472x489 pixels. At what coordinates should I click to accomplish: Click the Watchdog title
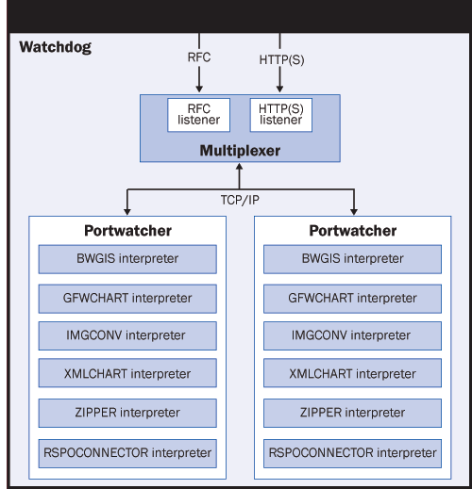pos(56,47)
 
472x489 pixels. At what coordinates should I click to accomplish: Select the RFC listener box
pos(198,115)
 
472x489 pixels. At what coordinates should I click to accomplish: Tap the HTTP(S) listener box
pos(281,115)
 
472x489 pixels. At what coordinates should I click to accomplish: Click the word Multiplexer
pos(240,151)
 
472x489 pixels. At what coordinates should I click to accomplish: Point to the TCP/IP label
pos(240,200)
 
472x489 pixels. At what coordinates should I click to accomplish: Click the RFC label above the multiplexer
pos(199,57)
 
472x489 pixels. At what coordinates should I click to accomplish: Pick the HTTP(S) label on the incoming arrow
pos(281,59)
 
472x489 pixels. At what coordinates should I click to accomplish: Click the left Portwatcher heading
pos(127,231)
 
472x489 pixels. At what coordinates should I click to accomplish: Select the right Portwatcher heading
pos(353,231)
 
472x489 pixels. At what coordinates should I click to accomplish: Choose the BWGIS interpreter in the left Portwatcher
pos(127,259)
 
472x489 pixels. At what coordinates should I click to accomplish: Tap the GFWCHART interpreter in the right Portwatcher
pos(352,299)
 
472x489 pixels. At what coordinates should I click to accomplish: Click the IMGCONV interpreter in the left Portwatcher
pos(127,335)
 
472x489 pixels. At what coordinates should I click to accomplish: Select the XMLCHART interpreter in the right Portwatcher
pos(352,373)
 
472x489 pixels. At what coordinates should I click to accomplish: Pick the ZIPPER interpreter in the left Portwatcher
pos(127,413)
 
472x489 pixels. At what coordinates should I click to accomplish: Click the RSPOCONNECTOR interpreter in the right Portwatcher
pos(352,453)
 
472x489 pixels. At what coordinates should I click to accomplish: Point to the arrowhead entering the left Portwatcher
pos(127,212)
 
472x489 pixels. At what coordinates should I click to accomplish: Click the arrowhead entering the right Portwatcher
pos(354,212)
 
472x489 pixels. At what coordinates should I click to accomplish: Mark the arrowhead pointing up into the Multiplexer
pos(240,167)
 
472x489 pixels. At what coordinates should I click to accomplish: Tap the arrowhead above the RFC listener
pos(199,89)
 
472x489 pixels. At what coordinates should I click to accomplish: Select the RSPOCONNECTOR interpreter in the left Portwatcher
pos(127,453)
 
